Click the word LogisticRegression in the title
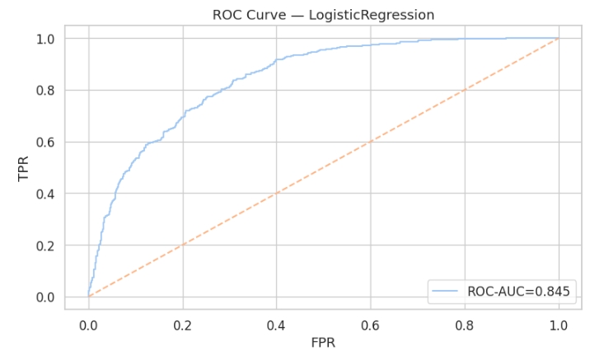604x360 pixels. [381, 15]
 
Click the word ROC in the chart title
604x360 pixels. [227, 15]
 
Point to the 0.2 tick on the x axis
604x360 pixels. [182, 325]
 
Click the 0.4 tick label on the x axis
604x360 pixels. [276, 325]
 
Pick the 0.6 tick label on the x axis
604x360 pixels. [370, 325]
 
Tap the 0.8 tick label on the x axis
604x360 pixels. [465, 325]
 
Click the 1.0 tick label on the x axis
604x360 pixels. [559, 325]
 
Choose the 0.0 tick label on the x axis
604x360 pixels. [88, 325]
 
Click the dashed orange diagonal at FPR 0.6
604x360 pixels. [370, 142]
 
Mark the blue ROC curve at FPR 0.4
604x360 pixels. [276, 60]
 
